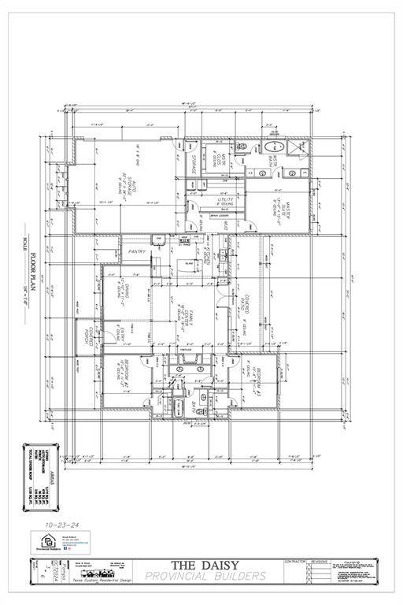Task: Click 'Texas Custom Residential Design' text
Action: click(100, 580)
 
